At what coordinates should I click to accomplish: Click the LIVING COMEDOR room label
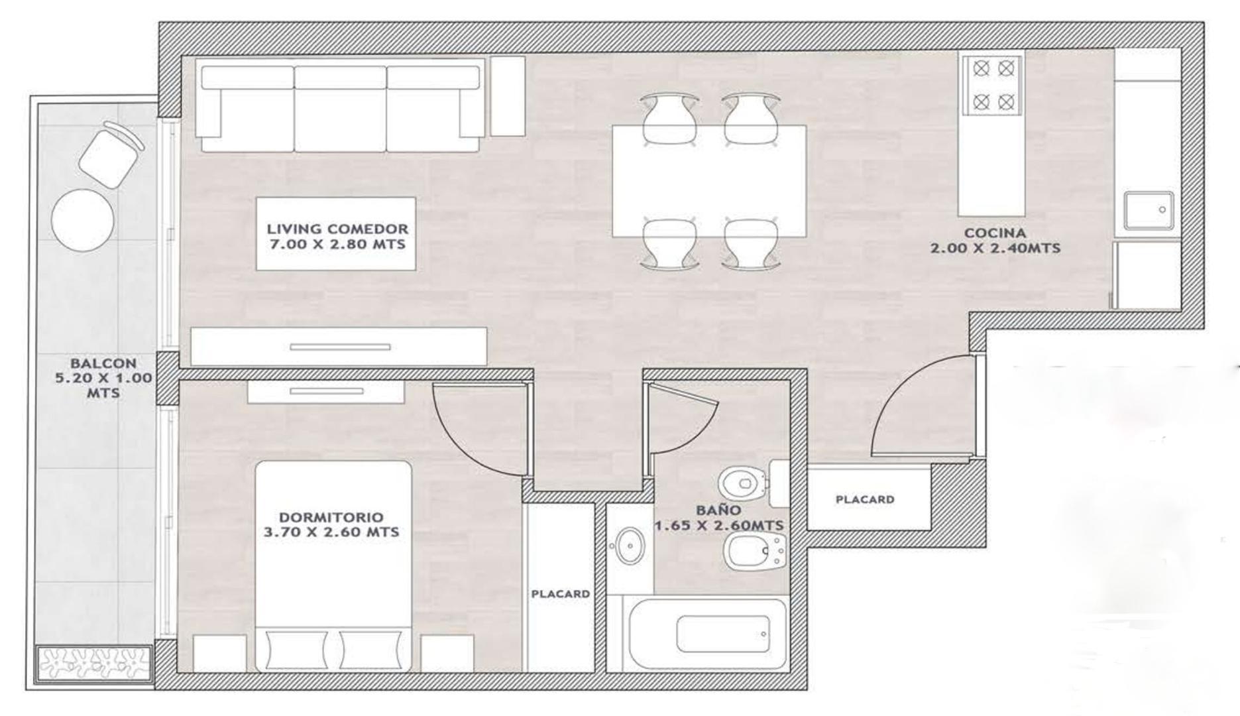tap(337, 229)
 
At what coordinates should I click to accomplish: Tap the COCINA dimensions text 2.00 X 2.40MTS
tap(995, 249)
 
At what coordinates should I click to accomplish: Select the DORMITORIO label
tap(331, 517)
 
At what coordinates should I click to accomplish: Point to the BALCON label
tap(103, 363)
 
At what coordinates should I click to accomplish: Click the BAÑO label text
tap(718, 510)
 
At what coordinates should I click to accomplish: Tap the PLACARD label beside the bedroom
tap(560, 594)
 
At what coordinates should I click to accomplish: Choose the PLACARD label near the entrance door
tap(865, 499)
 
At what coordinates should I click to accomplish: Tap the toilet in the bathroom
tap(742, 482)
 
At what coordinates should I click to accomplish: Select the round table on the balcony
tap(83, 219)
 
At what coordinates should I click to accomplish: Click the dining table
tap(708, 180)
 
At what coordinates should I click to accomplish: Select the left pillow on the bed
tap(296, 650)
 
